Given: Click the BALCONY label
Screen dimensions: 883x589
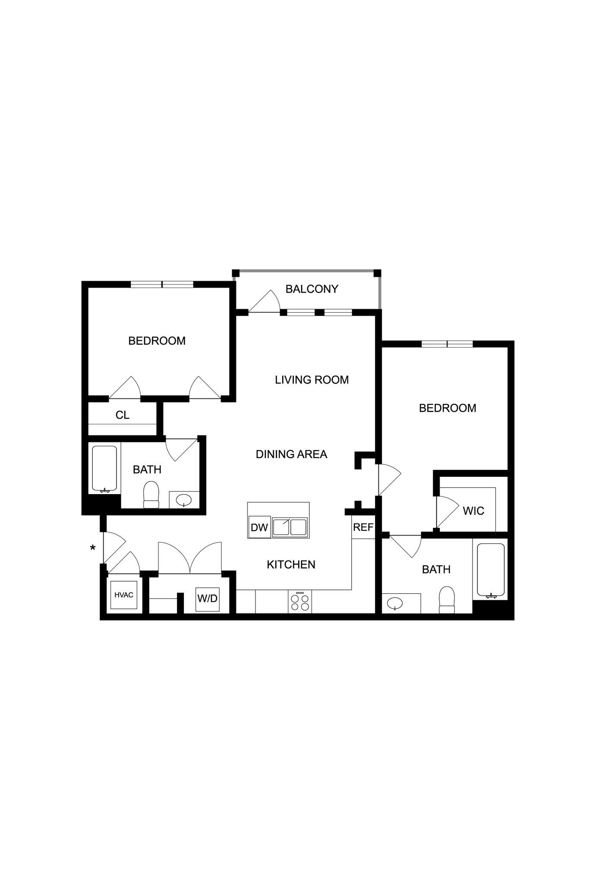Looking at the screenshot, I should point(312,289).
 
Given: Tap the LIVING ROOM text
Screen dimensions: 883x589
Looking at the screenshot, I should point(312,380).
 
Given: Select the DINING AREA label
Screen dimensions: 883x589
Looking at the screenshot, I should point(291,454).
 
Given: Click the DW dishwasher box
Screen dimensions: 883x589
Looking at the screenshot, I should point(259,527).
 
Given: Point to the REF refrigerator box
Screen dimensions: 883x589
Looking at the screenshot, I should point(363,527).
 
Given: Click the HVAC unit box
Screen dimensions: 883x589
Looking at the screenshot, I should point(124,595).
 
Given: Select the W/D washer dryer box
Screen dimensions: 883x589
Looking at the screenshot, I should point(207,599).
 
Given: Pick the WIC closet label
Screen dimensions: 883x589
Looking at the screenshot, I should point(473,511).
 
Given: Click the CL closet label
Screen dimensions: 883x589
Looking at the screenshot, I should point(122,415).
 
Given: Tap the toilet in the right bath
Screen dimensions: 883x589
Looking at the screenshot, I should point(447,600).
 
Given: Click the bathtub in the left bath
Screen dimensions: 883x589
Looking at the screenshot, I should point(104,469).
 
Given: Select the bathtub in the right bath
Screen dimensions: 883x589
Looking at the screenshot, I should point(491,571).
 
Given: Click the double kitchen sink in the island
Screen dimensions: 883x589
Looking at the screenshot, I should point(290,527).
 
